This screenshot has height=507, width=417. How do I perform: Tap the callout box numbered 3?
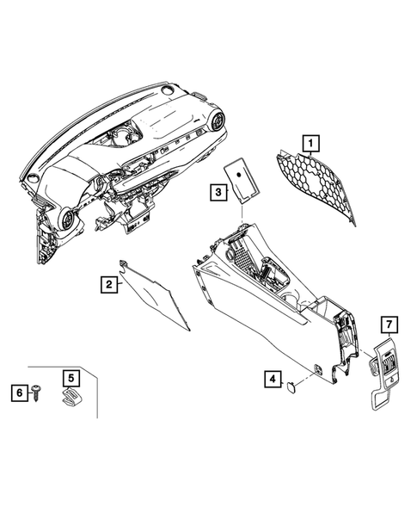[x=218, y=191]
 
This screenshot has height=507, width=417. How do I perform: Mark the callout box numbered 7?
[x=389, y=325]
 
